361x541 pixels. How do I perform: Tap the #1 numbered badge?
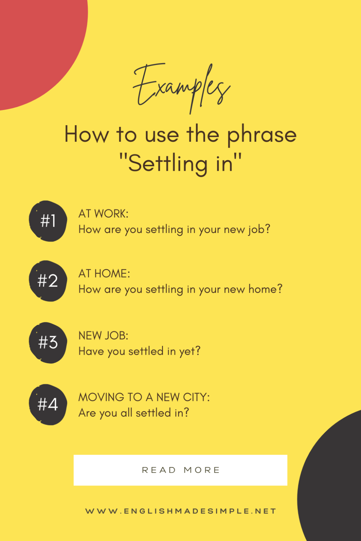point(48,221)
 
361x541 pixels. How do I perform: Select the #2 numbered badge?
point(48,281)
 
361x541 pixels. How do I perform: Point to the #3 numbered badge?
point(48,343)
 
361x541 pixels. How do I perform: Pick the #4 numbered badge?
point(48,404)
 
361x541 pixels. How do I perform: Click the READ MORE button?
point(180,470)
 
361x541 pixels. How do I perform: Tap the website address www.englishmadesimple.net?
point(180,511)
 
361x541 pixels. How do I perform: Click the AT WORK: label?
point(104,214)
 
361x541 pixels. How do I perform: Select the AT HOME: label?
point(104,273)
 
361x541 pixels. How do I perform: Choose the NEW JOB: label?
point(104,336)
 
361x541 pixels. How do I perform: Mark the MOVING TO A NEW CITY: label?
point(144,397)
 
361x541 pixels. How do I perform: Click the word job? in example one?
point(259,230)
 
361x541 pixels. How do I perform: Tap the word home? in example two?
point(265,289)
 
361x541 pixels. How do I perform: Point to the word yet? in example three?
point(190,351)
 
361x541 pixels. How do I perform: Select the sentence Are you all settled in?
point(134,413)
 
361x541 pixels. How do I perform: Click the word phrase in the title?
point(262,135)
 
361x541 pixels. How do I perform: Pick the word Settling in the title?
point(168,164)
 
